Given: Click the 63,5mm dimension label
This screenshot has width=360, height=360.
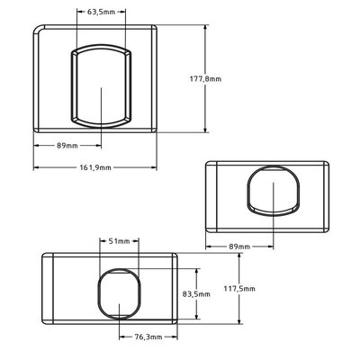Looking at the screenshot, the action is [101, 12].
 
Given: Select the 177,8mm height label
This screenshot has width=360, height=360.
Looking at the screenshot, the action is [205, 79].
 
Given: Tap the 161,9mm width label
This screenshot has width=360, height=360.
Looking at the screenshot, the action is [95, 167].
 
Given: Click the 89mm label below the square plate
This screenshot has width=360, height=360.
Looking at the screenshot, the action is [67, 146].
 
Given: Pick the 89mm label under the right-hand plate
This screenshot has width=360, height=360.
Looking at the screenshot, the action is [239, 247].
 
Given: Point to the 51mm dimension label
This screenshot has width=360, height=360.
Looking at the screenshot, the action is [120, 241].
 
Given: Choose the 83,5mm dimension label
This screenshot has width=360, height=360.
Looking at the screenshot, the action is [196, 294].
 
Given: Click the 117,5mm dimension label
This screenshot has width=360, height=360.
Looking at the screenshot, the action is [239, 289].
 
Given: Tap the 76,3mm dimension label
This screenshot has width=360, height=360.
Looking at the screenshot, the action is [148, 337].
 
